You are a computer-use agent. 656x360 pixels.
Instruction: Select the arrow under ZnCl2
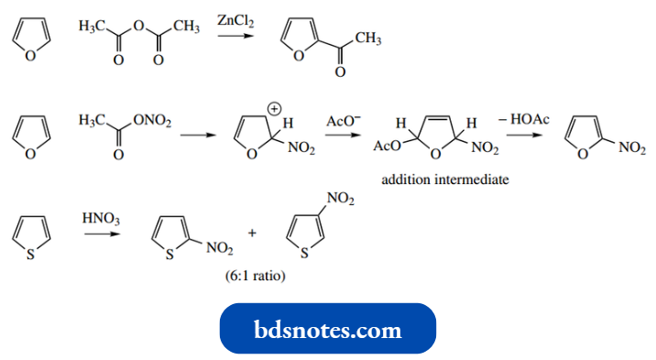coord(235,37)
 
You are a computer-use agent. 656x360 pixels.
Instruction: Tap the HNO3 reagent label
coord(97,219)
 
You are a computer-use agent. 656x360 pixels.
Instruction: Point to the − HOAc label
coord(524,121)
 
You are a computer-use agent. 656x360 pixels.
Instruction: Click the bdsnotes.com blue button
coord(328,328)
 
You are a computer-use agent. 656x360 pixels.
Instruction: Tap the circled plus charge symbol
coord(272,109)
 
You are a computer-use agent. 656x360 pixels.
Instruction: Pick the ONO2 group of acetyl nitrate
coord(152,121)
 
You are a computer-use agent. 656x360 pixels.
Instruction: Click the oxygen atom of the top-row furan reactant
coord(31,55)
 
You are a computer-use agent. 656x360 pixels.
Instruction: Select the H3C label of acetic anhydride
coord(92,27)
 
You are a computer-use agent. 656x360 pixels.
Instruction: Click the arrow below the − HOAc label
coord(524,136)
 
